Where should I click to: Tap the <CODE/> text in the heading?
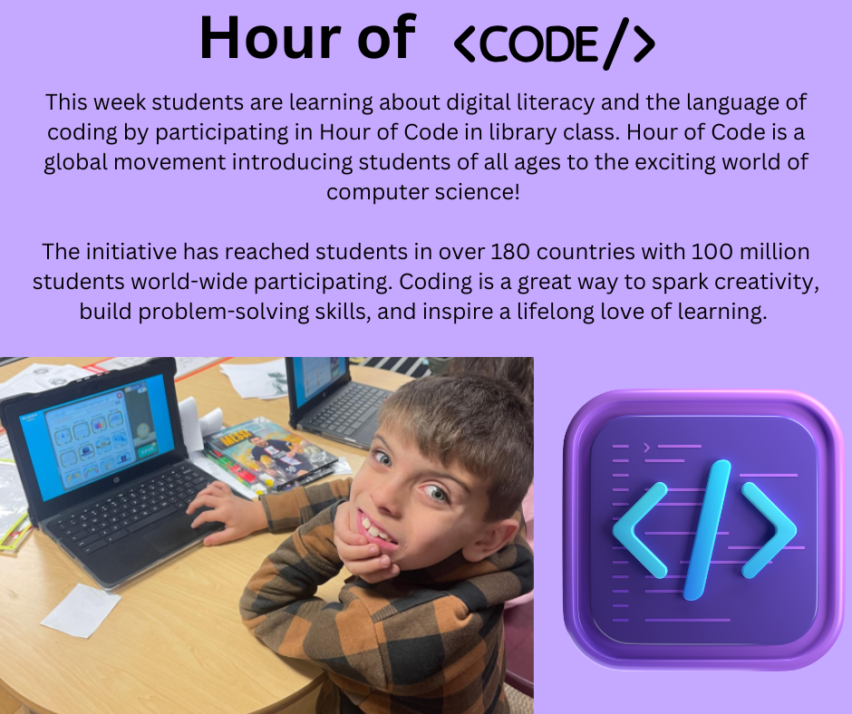point(553,43)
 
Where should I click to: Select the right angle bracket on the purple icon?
point(769,529)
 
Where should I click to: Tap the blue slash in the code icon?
point(706,530)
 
